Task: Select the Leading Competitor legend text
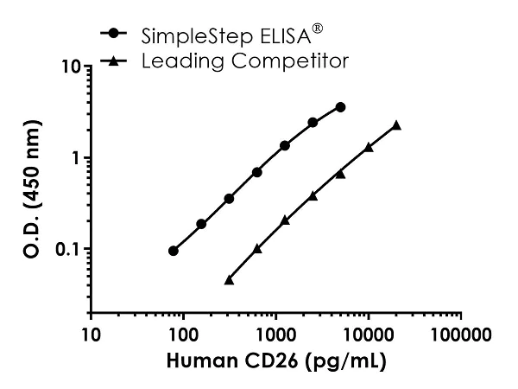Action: tap(244, 61)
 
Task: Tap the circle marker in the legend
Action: tap(114, 35)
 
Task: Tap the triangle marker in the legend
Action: tap(114, 61)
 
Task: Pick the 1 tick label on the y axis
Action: tap(76, 159)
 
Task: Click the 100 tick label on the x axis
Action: tap(183, 334)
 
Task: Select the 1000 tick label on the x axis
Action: tap(275, 334)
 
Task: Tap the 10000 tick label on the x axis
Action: tap(368, 334)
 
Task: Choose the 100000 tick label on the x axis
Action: tap(459, 334)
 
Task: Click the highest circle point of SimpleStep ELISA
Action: tap(341, 107)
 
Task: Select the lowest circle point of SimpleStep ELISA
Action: tap(174, 251)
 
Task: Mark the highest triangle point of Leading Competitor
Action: tap(396, 125)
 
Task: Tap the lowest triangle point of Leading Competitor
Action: tap(229, 280)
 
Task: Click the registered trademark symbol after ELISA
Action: tap(317, 29)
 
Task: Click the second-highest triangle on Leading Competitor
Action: tap(369, 147)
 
